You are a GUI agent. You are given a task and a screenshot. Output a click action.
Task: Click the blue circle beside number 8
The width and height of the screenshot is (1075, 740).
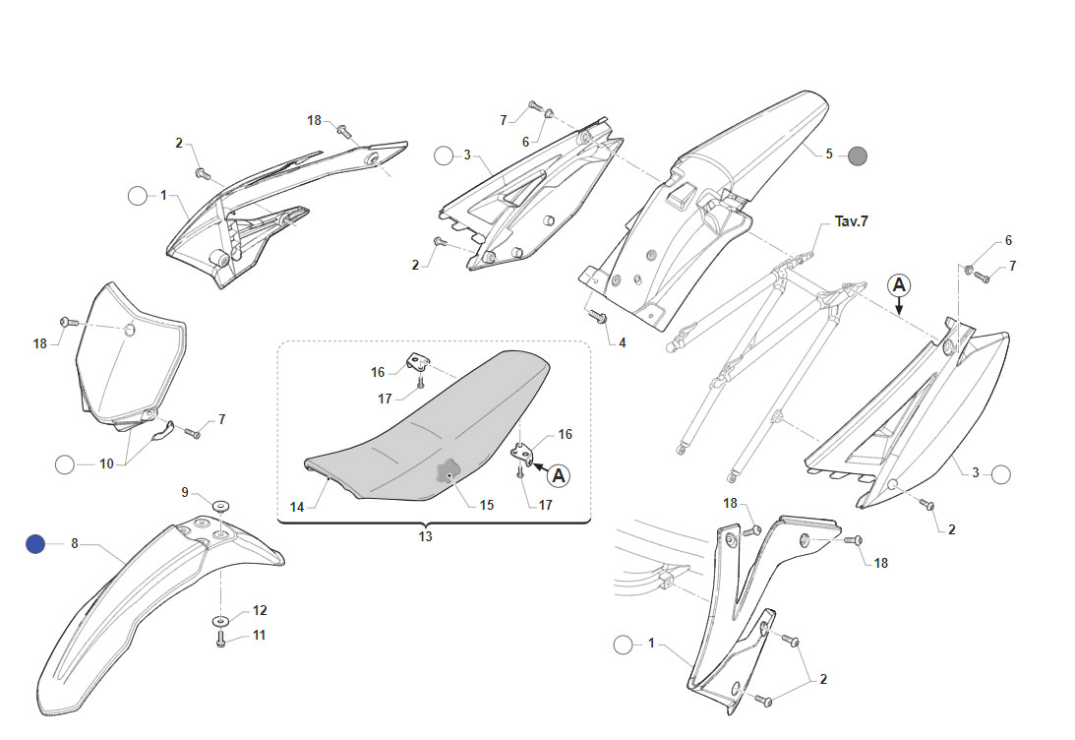click(x=35, y=544)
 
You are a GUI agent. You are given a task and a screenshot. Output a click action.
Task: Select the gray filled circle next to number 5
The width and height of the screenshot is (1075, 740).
click(x=858, y=155)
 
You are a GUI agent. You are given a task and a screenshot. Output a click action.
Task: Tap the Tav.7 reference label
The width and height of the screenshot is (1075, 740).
click(x=851, y=221)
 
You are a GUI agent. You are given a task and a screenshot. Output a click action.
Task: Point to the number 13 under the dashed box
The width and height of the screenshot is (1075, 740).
click(x=425, y=536)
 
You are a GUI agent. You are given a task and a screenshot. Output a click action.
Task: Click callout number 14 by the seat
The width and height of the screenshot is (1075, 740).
click(x=297, y=507)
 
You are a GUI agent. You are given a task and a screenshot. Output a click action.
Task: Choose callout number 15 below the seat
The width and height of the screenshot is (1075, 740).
click(x=486, y=505)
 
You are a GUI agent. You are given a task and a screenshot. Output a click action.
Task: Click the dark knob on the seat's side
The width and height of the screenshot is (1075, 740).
click(x=448, y=471)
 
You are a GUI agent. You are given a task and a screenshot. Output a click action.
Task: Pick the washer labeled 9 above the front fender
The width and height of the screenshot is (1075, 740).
click(x=220, y=506)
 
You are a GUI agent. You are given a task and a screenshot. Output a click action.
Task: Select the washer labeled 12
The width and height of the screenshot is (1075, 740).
click(x=220, y=620)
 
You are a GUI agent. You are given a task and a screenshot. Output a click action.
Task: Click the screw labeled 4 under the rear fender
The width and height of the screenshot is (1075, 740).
click(x=598, y=318)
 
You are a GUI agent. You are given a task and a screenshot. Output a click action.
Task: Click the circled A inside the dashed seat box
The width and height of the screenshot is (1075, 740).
click(x=559, y=475)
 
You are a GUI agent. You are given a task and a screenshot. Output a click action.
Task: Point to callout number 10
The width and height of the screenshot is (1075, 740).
click(x=106, y=463)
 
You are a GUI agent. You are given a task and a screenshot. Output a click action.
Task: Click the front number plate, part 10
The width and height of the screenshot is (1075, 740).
click(x=130, y=356)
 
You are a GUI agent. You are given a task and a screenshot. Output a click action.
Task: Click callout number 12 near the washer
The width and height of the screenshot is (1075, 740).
click(x=260, y=610)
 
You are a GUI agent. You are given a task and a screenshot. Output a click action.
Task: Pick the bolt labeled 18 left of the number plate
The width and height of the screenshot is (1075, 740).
click(x=67, y=321)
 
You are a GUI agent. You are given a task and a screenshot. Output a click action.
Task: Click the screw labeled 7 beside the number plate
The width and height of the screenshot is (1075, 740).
click(x=193, y=433)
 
